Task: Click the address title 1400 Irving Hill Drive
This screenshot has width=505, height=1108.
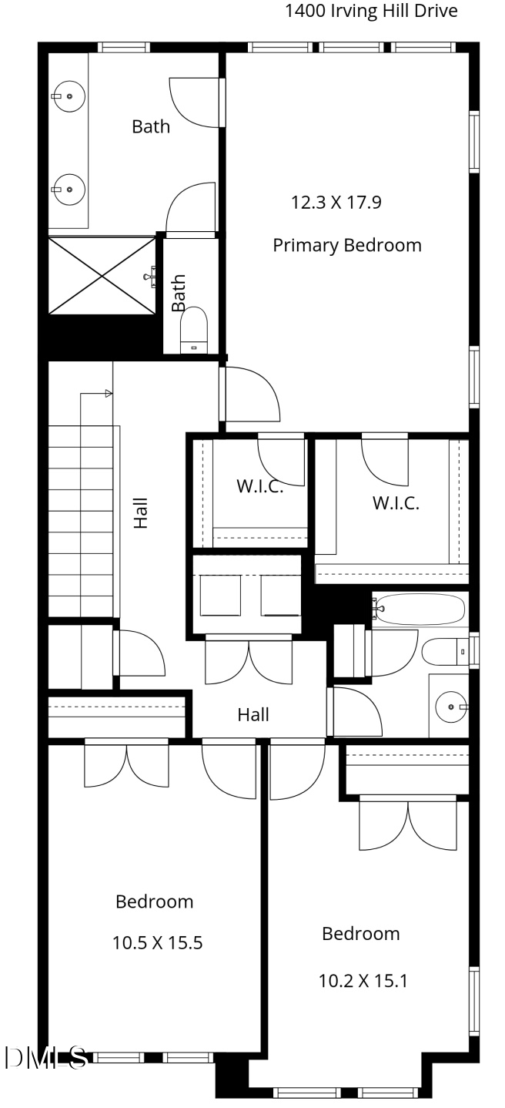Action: click(x=372, y=11)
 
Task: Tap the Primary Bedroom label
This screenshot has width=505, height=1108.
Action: click(x=347, y=245)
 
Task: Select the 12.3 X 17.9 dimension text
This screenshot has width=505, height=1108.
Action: click(x=336, y=203)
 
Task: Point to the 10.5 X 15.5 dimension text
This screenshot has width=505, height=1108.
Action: click(x=157, y=943)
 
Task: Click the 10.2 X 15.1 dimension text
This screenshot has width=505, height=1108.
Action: click(x=363, y=981)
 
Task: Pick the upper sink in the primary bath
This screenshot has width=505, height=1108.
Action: click(x=69, y=96)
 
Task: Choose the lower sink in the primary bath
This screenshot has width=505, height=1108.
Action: click(x=69, y=190)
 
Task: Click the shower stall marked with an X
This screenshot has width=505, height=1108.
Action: click(x=102, y=276)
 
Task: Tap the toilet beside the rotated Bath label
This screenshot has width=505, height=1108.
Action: click(x=194, y=330)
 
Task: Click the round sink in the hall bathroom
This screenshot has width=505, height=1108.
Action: click(x=451, y=707)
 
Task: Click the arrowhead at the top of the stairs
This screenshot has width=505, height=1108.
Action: click(x=109, y=394)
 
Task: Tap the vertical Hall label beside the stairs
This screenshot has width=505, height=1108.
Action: click(x=141, y=513)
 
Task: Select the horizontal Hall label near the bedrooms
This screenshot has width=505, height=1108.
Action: click(x=253, y=715)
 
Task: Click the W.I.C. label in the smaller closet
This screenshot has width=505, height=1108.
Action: click(x=260, y=486)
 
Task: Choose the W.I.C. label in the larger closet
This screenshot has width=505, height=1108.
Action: click(x=396, y=503)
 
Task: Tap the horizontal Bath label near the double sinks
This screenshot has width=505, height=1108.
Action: click(x=151, y=126)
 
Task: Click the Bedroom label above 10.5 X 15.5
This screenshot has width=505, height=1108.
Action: click(x=154, y=902)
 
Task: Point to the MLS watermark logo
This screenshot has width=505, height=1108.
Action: click(x=45, y=1058)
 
